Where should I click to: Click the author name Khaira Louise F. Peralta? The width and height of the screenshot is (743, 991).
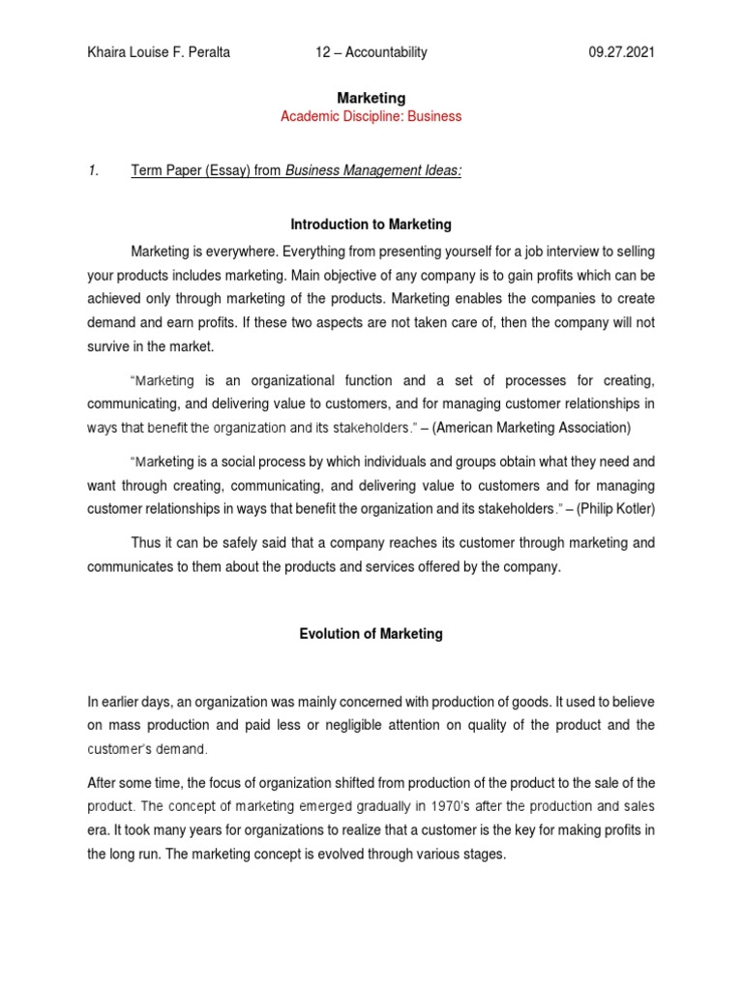[x=161, y=52]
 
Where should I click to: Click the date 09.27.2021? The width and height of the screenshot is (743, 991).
[x=622, y=52]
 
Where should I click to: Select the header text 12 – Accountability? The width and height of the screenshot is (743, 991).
[x=371, y=52]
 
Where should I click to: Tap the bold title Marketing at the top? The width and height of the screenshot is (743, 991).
[x=371, y=98]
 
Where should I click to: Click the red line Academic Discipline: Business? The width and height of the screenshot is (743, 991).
[x=371, y=116]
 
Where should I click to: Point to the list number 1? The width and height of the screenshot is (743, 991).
[x=94, y=171]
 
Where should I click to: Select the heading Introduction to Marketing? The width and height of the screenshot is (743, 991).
[x=371, y=225]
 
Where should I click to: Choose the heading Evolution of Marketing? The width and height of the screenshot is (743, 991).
[x=371, y=634]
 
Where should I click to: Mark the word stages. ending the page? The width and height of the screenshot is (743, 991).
[x=483, y=855]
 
